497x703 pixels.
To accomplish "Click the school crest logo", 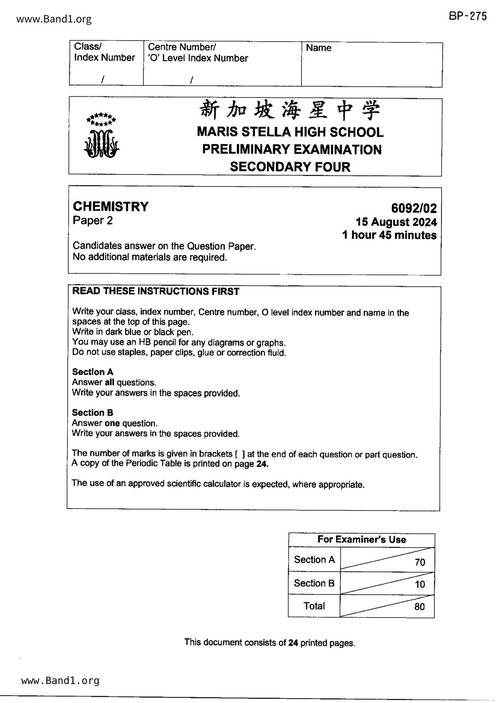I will point(102,136).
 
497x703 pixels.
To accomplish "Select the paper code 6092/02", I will point(414,208).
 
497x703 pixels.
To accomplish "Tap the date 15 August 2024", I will point(396,222).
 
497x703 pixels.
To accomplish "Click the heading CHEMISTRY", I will point(111,207).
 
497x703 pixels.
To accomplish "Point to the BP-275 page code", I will point(468,16).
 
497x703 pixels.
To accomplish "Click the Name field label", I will point(319,48).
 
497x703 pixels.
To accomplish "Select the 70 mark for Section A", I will point(420,562).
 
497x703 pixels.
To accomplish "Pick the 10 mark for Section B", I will point(420,584).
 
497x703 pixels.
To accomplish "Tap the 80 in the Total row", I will point(419,607).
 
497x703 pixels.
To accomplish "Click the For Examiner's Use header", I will point(362,539).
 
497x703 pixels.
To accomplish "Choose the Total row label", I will point(314,606).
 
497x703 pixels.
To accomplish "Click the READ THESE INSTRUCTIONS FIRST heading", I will point(156,291).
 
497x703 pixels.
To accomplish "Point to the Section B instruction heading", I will point(93,412).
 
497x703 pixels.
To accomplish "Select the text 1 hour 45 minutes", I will point(389,235).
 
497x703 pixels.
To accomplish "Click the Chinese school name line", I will point(290,110).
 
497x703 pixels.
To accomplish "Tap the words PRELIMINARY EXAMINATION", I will point(291,149).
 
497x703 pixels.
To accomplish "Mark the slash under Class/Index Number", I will point(103,79).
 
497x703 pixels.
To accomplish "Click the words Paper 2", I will point(93,220).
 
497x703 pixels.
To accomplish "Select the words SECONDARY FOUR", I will point(290,167).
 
